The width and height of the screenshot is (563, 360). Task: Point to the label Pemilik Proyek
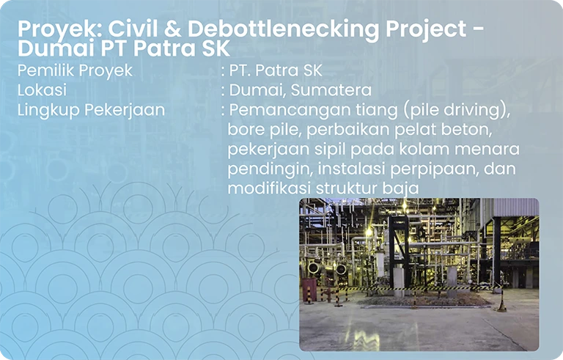click(75, 71)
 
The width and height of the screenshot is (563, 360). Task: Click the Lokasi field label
click(42, 91)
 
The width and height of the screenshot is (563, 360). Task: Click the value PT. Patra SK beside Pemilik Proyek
click(276, 71)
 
